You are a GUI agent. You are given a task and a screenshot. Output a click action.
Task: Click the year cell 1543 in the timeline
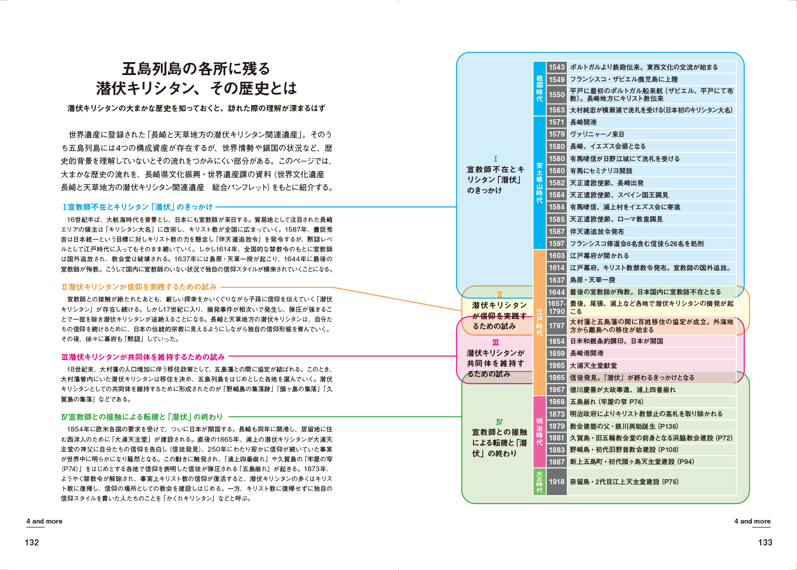tap(557, 67)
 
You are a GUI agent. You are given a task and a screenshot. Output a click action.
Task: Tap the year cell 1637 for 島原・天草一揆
tap(557, 280)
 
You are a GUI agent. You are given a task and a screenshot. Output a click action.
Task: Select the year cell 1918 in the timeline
tap(557, 482)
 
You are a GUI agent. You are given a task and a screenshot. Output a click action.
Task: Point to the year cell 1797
tap(557, 326)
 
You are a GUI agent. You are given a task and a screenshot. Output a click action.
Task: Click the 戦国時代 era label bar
tap(540, 88)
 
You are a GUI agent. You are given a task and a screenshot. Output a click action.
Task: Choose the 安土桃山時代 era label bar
tap(540, 183)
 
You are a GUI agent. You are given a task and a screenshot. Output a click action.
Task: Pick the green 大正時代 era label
tap(540, 482)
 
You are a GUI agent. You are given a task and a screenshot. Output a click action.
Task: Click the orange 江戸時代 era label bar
tap(540, 323)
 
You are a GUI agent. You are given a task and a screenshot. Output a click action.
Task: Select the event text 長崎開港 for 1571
tap(583, 122)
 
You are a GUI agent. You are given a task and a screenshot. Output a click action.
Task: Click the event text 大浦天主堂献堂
tap(593, 365)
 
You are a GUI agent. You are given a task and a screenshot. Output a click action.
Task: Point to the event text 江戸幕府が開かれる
tap(599, 256)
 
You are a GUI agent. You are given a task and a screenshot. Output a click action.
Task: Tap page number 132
tap(32, 542)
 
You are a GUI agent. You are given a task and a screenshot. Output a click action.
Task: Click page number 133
tap(765, 542)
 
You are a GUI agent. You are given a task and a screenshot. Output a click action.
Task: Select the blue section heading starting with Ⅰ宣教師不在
tap(138, 207)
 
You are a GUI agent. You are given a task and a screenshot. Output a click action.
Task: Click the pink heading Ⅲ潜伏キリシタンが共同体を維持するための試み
tap(143, 357)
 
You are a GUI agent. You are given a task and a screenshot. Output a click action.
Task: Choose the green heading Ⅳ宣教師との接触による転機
tap(142, 417)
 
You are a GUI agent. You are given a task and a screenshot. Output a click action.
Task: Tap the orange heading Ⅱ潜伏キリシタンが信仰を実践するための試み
tap(139, 287)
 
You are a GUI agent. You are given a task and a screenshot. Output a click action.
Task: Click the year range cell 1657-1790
tap(557, 307)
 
